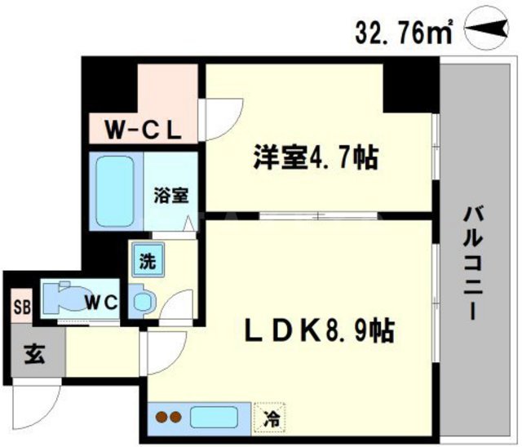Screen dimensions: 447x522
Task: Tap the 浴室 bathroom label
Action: click(x=172, y=196)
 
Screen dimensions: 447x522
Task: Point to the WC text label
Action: click(x=104, y=303)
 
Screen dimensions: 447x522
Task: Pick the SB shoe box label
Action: click(x=19, y=308)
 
